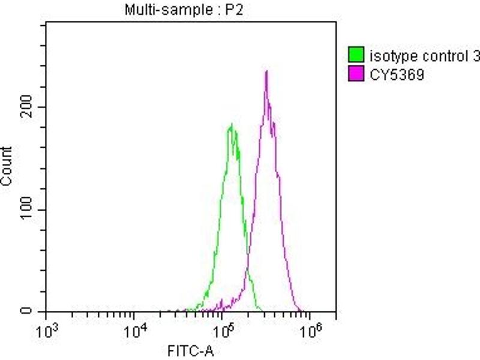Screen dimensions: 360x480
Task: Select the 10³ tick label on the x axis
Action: pos(47,330)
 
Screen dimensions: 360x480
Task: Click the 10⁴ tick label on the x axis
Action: pos(134,330)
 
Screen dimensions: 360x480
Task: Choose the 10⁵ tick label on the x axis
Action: pos(223,330)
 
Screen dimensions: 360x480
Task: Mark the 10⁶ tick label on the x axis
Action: pos(310,330)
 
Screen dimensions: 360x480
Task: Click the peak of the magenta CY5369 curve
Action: pos(266,71)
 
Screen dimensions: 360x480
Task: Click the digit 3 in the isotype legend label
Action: pos(476,58)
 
